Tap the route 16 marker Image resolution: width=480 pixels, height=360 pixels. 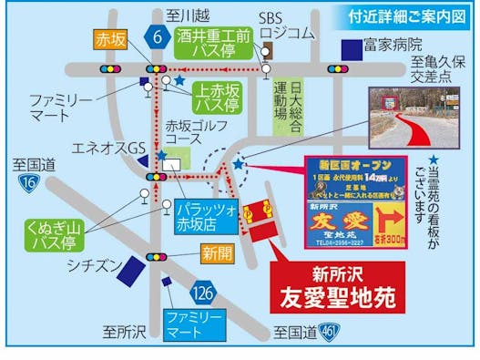pos(29,183)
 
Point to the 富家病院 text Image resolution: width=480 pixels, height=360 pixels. pos(393,44)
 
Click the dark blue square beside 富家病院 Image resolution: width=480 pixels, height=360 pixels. pos(348,46)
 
